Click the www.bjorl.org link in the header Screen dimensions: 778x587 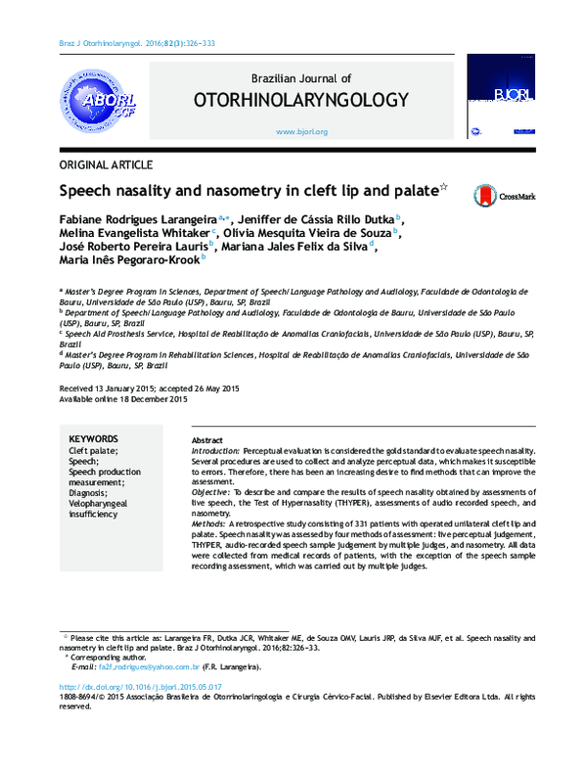point(301,131)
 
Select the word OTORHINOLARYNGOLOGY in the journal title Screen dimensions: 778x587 point(300,100)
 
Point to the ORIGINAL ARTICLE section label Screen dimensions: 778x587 point(106,163)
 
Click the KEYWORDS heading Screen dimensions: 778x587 point(94,439)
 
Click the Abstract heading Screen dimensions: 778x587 point(208,440)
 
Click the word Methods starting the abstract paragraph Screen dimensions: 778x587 point(209,526)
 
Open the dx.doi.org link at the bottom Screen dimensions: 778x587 point(140,688)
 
